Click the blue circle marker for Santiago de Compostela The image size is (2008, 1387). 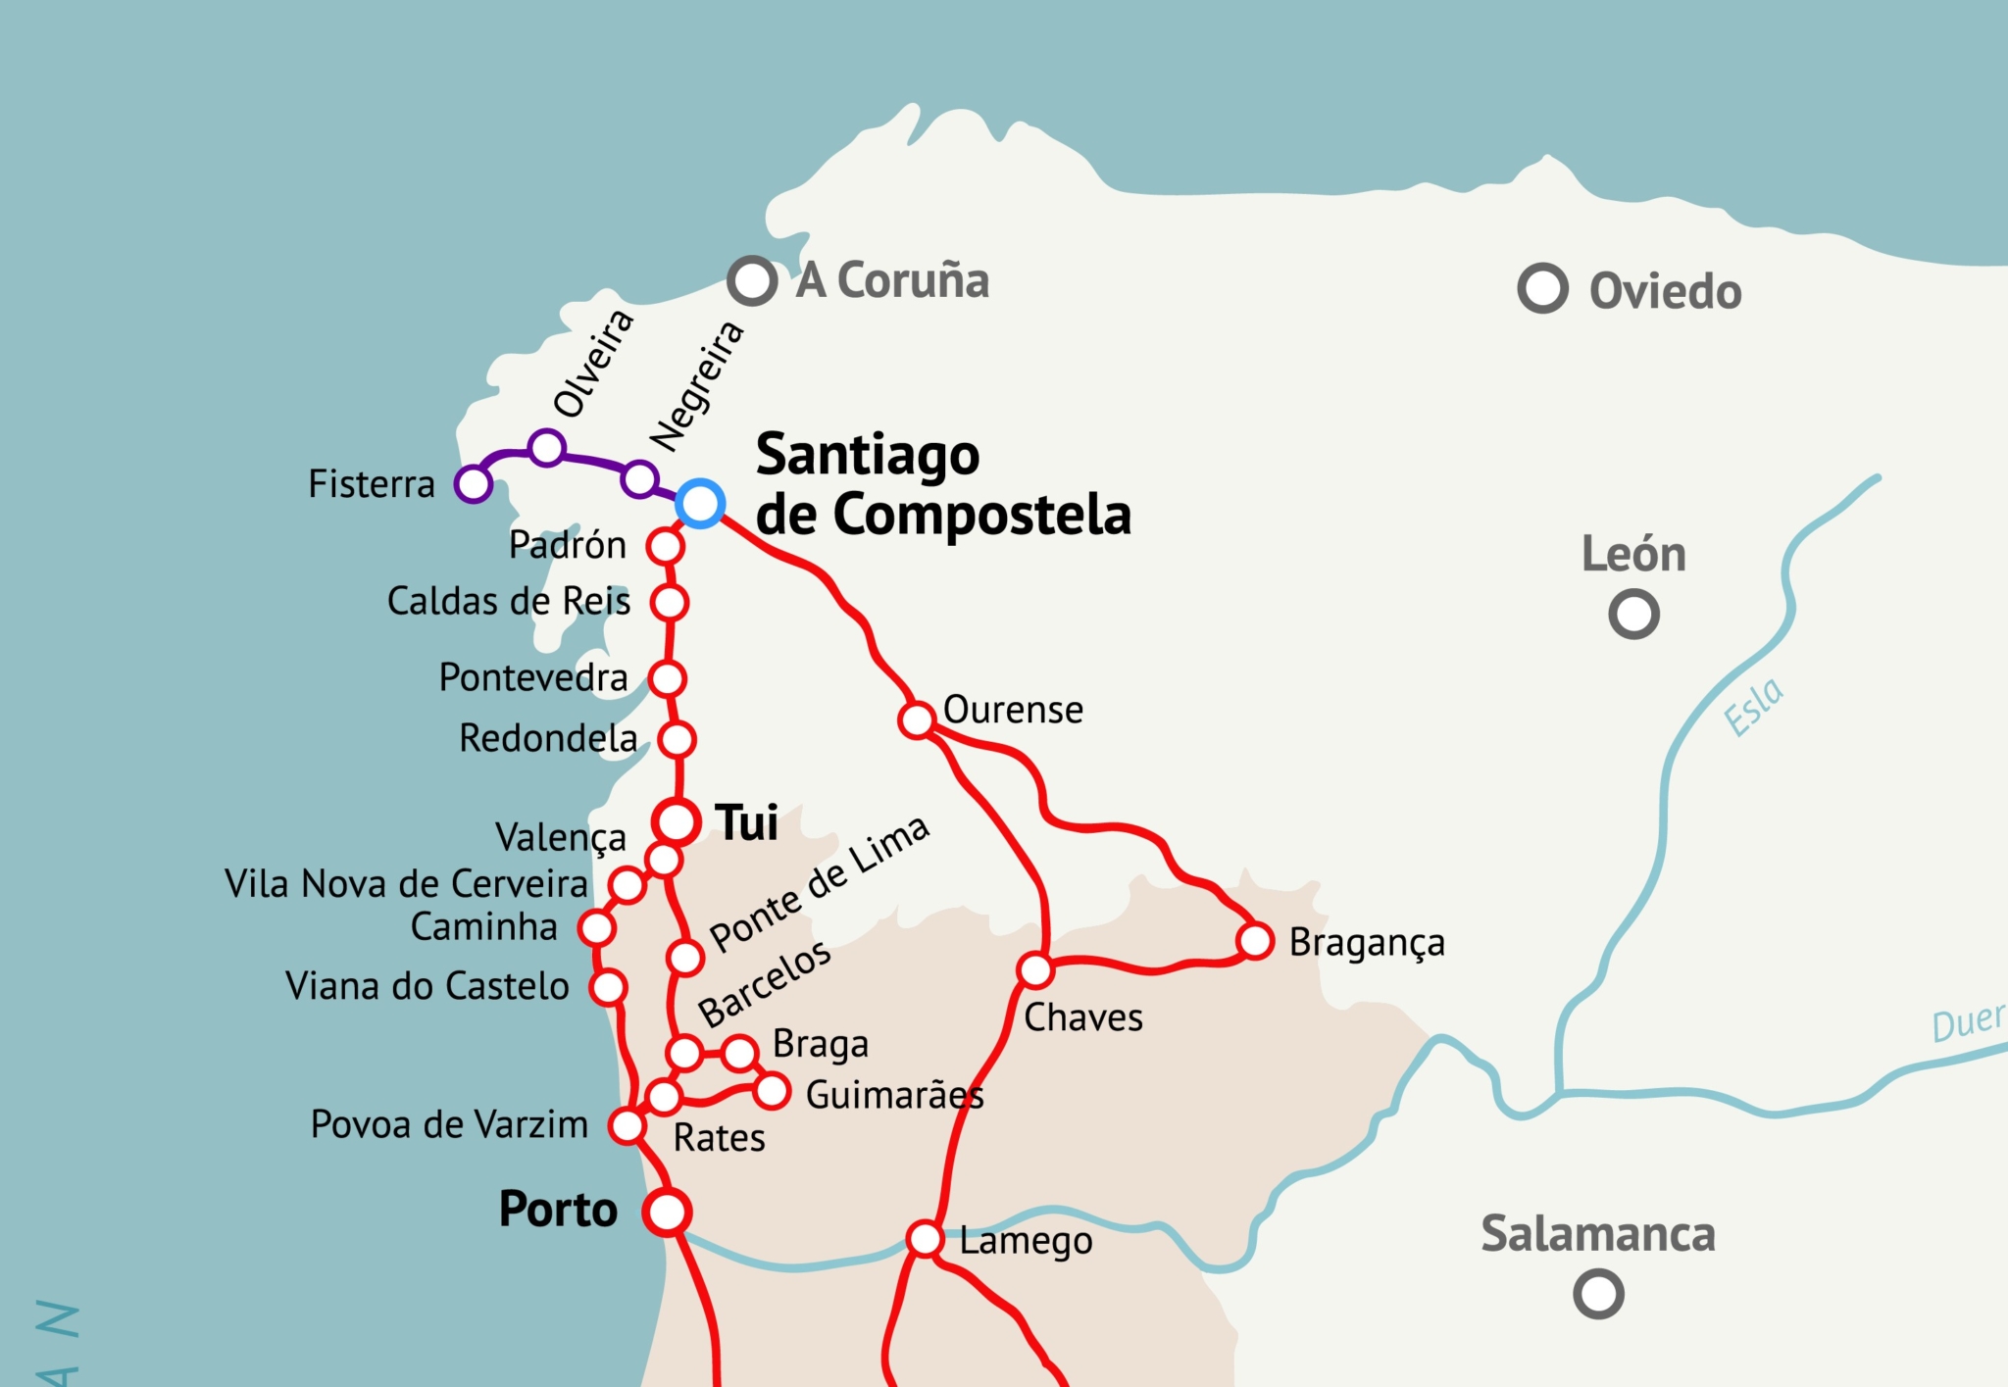pyautogui.click(x=700, y=504)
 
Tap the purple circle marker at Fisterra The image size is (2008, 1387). pyautogui.click(x=473, y=483)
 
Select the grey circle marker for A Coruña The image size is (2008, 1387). pyautogui.click(x=752, y=281)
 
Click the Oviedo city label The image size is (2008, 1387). pyautogui.click(x=1665, y=292)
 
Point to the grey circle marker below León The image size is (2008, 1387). pyautogui.click(x=1633, y=615)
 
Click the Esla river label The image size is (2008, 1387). pyautogui.click(x=1753, y=706)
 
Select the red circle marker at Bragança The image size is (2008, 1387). pyautogui.click(x=1255, y=941)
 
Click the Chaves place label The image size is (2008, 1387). pyautogui.click(x=1083, y=1017)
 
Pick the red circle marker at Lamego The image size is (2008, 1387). pyautogui.click(x=925, y=1239)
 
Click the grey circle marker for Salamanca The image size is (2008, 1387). pyautogui.click(x=1598, y=1294)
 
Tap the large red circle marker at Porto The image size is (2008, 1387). pyautogui.click(x=668, y=1213)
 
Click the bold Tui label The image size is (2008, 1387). pyautogui.click(x=747, y=822)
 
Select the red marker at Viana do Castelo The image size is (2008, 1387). pyautogui.click(x=608, y=987)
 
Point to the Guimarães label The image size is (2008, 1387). pyautogui.click(x=894, y=1095)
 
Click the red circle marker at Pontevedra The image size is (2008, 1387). pyautogui.click(x=668, y=678)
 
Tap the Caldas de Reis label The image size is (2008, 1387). pyautogui.click(x=509, y=601)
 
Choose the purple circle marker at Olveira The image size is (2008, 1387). pyautogui.click(x=546, y=448)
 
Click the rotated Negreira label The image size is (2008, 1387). pyautogui.click(x=697, y=386)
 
